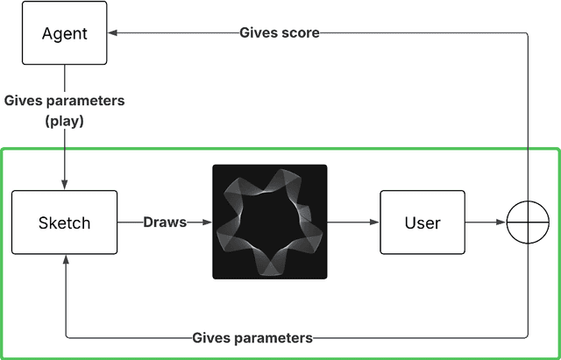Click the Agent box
(x=64, y=32)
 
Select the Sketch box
(x=64, y=222)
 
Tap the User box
(x=422, y=222)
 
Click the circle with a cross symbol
(x=527, y=222)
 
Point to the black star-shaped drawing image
(x=269, y=222)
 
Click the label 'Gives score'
(x=279, y=33)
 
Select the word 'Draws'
(x=165, y=222)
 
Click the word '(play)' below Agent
(x=64, y=121)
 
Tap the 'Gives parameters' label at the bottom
(x=252, y=337)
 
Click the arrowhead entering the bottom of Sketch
(x=64, y=261)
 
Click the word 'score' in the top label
(x=300, y=33)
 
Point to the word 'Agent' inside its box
(x=64, y=33)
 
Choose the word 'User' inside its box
(x=422, y=222)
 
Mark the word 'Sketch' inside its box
(x=64, y=222)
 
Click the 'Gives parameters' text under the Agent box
(x=64, y=101)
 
